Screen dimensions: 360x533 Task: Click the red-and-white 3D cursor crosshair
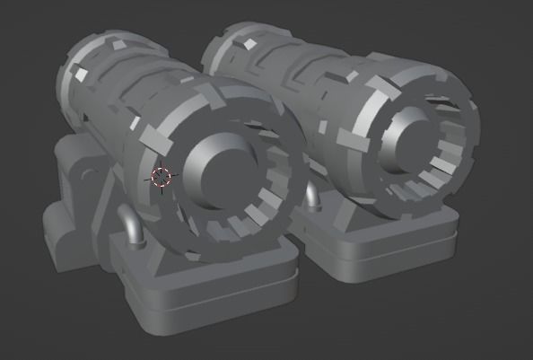tap(161, 177)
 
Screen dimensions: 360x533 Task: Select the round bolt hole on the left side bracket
tap(87, 173)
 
